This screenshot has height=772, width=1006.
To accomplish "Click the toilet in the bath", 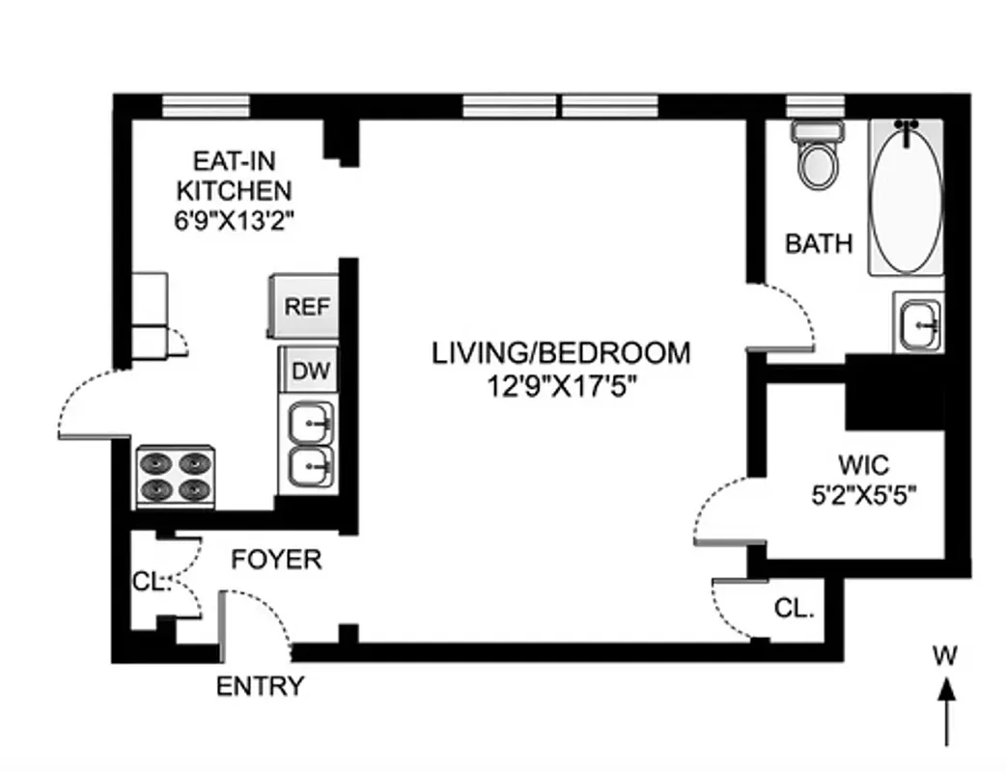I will click(x=819, y=157).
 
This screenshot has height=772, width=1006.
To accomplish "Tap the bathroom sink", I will click(x=917, y=324).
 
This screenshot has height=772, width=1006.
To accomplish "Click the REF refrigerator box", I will click(x=306, y=307).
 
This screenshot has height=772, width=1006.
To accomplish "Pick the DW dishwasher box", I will click(x=308, y=370).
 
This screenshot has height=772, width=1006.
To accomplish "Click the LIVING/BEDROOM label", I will click(x=561, y=353).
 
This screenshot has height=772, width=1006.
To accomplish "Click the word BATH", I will click(x=819, y=243).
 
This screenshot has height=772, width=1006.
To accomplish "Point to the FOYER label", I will click(x=276, y=560).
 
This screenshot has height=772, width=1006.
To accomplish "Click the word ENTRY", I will click(x=259, y=687).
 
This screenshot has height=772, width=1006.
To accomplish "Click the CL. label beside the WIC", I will click(x=795, y=609).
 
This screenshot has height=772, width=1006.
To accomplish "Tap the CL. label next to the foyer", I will click(x=150, y=582).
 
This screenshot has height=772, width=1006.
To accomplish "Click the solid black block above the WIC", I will click(x=893, y=391).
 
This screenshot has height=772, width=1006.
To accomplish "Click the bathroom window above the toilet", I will click(x=815, y=105).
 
